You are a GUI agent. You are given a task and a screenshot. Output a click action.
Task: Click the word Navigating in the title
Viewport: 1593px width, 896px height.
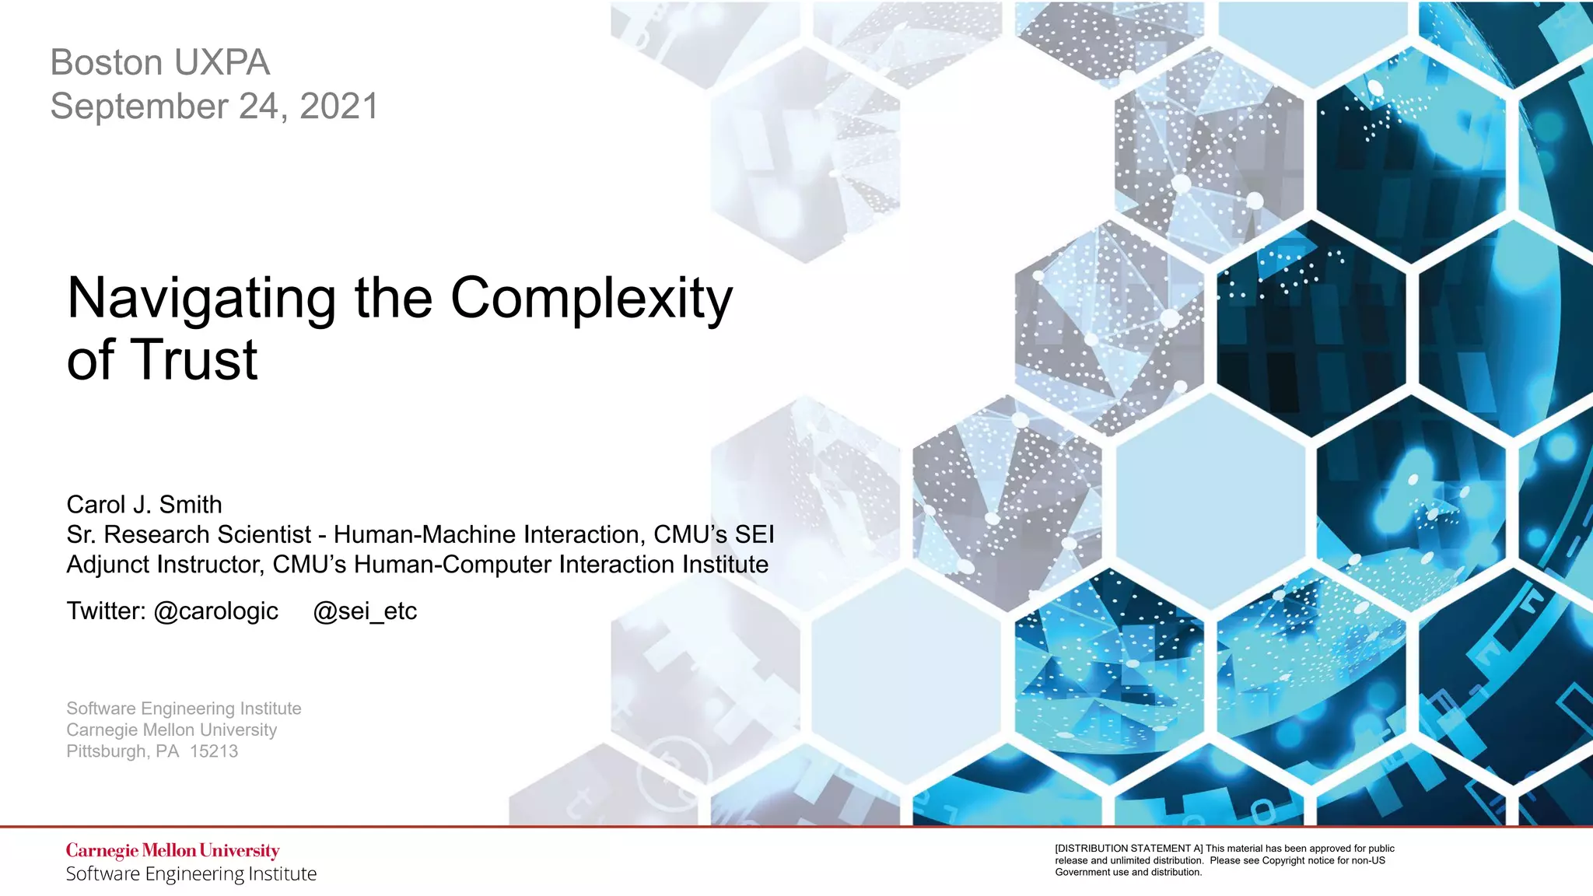click(201, 299)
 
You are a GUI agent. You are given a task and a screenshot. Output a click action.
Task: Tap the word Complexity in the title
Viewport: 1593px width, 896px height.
click(591, 299)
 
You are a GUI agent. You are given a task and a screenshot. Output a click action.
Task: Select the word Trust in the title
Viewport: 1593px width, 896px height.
click(194, 360)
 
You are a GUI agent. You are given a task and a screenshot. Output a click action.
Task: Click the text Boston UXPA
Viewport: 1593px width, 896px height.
click(160, 62)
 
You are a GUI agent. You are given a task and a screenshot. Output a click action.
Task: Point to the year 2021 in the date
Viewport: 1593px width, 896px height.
click(339, 107)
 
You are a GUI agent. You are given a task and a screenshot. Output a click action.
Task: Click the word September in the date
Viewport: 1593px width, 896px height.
click(139, 107)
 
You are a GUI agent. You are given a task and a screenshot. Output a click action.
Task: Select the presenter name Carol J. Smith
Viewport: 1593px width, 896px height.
click(144, 505)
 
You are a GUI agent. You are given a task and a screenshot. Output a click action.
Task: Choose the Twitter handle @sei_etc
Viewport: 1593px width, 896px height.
click(365, 611)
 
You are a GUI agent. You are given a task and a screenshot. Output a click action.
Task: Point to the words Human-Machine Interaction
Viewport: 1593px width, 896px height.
click(489, 535)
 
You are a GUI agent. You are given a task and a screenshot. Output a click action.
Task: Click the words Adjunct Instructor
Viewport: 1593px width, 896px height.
click(165, 565)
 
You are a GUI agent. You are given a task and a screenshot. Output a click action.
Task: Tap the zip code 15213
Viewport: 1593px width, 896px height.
click(214, 751)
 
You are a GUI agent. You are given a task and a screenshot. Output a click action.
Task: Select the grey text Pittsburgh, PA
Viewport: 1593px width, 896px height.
click(123, 751)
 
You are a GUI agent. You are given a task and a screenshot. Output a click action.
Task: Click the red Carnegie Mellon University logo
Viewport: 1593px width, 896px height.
click(173, 851)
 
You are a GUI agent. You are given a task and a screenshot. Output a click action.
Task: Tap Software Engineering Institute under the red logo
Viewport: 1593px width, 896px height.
click(191, 874)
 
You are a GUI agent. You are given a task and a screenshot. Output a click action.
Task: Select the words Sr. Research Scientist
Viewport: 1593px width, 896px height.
click(188, 535)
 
